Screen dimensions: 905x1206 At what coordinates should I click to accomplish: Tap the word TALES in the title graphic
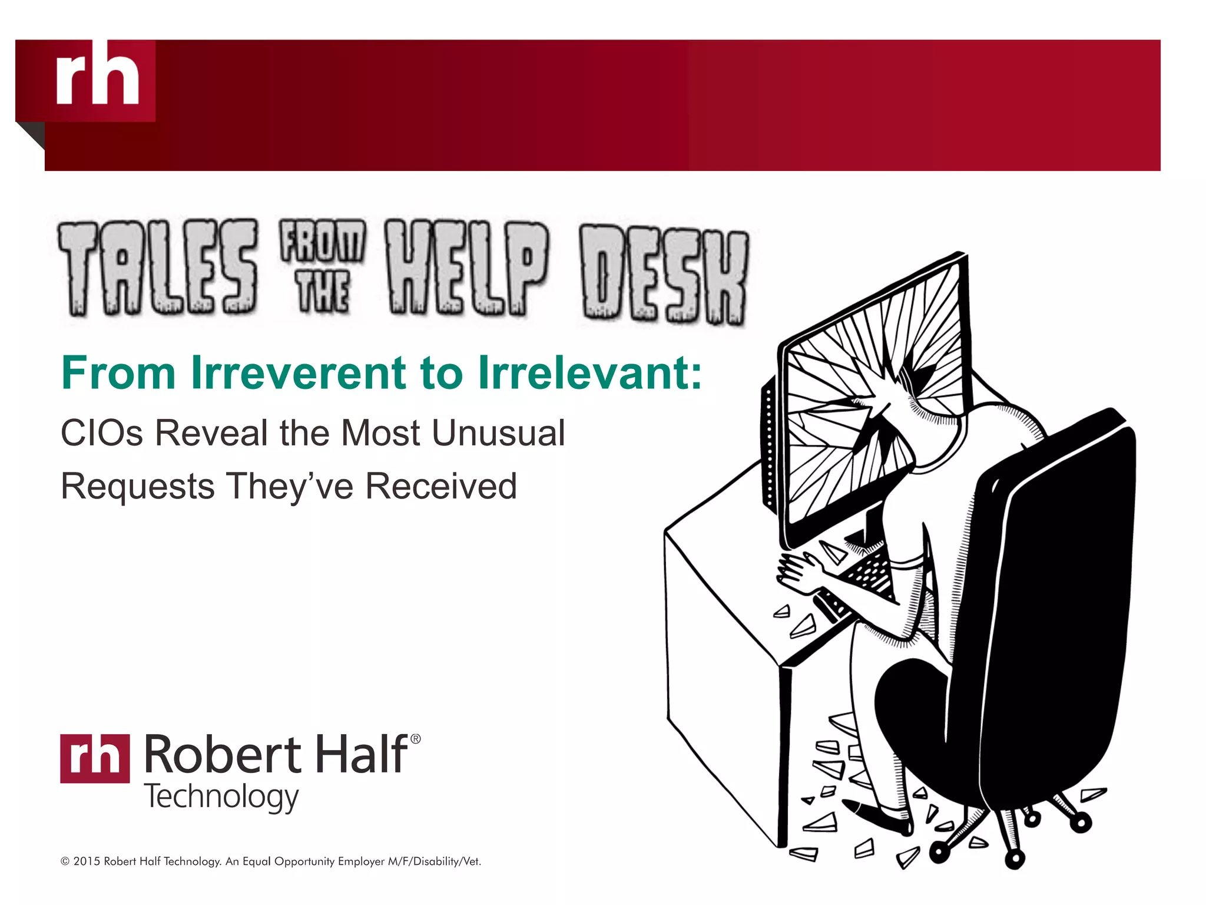[158, 268]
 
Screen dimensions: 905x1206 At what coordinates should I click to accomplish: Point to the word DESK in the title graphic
[664, 274]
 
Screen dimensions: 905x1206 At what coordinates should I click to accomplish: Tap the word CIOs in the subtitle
[102, 433]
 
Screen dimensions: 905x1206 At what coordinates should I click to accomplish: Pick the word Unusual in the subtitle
[498, 433]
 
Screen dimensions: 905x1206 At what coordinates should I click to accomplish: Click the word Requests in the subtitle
[138, 486]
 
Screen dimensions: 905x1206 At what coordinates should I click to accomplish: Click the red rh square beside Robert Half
[95, 758]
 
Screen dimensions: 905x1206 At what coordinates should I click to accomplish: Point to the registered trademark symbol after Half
[415, 739]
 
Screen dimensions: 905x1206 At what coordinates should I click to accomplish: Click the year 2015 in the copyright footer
[87, 861]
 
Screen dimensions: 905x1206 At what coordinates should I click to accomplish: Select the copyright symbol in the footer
[65, 861]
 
